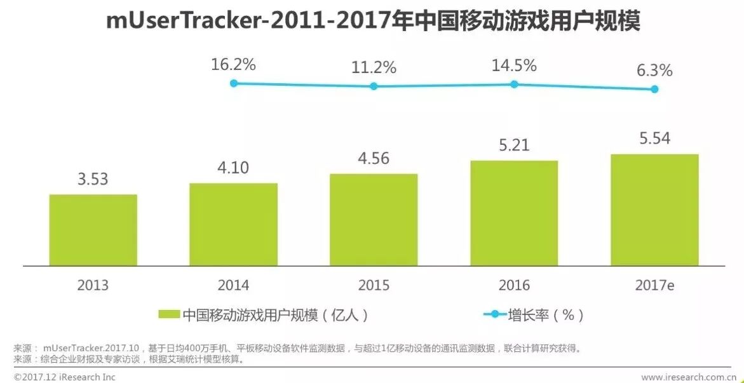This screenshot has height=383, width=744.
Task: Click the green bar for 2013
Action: pos(93,230)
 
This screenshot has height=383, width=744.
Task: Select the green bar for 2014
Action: pos(233,224)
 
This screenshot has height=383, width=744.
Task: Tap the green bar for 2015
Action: pos(374,220)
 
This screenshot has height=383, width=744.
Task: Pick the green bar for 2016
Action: pos(514,213)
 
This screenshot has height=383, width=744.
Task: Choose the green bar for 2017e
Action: pos(654,210)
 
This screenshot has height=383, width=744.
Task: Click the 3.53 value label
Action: pos(93,179)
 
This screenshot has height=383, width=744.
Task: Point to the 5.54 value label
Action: pos(654,138)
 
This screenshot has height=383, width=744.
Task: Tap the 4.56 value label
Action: pos(374,158)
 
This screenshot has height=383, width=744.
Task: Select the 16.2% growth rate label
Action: pos(234,64)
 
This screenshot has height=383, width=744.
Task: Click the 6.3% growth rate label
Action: pos(654,71)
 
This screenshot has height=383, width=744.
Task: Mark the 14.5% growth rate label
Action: pos(515,65)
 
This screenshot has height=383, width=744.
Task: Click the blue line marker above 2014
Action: pos(234,83)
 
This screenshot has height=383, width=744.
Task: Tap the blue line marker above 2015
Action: pos(374,86)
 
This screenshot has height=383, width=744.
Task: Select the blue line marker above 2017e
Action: pos(654,89)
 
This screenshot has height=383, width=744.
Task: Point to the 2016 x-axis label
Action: pos(514,286)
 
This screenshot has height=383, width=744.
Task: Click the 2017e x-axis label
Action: pos(654,286)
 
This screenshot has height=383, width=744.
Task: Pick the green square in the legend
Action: pos(169,314)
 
